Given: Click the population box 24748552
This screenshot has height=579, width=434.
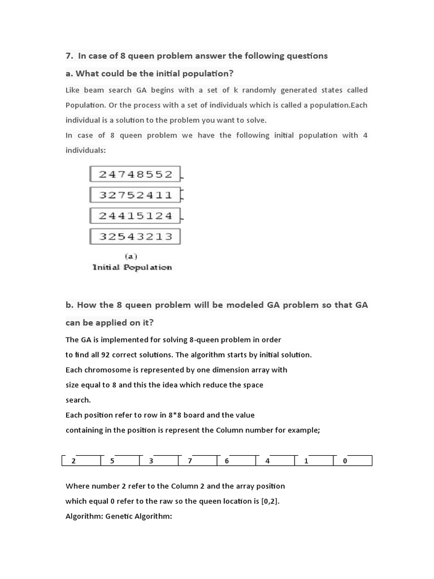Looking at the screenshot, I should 135,174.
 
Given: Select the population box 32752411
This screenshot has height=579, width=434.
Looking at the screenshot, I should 135,195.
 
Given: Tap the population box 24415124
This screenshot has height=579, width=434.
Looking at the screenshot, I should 135,216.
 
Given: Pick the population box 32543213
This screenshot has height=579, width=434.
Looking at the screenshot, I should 135,236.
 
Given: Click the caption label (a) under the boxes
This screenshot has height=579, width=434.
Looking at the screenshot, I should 131,256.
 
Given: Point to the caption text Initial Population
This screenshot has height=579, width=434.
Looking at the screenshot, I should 132,267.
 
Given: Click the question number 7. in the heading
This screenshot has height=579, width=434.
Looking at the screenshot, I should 70,56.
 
